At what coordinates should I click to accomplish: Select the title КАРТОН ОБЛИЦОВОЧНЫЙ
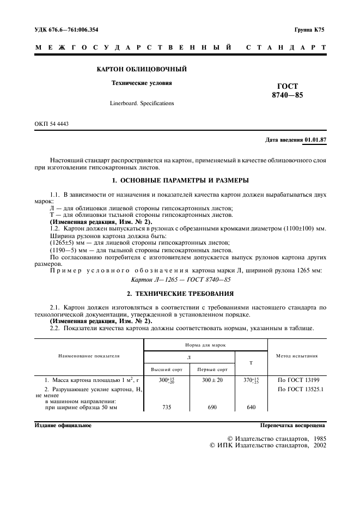[142, 69]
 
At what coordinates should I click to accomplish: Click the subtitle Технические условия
[142, 83]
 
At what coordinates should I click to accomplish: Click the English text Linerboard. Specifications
[142, 103]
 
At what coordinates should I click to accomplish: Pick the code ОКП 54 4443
[52, 124]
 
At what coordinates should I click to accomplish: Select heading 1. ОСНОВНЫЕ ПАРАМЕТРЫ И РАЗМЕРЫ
[180, 180]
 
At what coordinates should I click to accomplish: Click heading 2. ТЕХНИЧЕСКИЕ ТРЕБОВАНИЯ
[180, 293]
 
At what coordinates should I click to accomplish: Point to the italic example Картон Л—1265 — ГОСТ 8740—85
[181, 280]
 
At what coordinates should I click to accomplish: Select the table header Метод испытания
[297, 356]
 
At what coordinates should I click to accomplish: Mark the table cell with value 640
[251, 407]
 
